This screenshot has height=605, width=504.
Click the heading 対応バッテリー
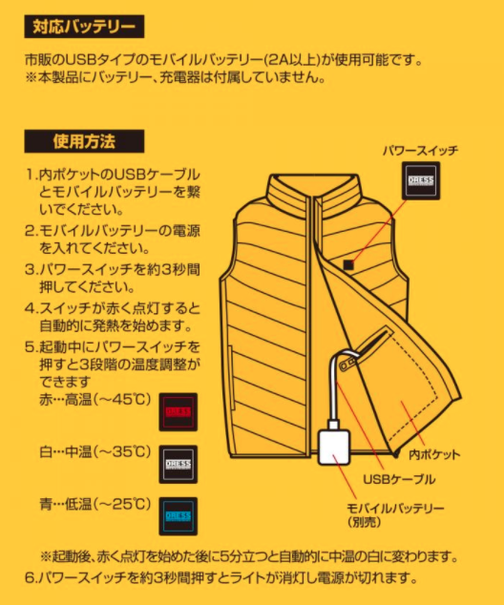84,27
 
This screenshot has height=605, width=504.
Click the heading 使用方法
84,141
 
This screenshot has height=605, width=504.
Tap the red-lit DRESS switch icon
178,412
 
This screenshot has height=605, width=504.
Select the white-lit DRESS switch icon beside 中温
178,464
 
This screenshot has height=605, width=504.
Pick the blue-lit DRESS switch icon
178,516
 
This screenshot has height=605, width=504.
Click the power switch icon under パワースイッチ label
421,180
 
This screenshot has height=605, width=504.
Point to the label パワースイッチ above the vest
421,150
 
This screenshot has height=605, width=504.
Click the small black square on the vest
348,264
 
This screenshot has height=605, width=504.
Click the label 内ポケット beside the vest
434,454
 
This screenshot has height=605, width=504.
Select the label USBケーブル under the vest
399,479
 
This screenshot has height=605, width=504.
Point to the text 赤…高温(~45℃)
94,399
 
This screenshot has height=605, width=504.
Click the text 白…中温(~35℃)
94,451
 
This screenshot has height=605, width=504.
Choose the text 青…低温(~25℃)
94,504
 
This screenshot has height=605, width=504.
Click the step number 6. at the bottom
31,578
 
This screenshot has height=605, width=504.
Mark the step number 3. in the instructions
31,269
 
